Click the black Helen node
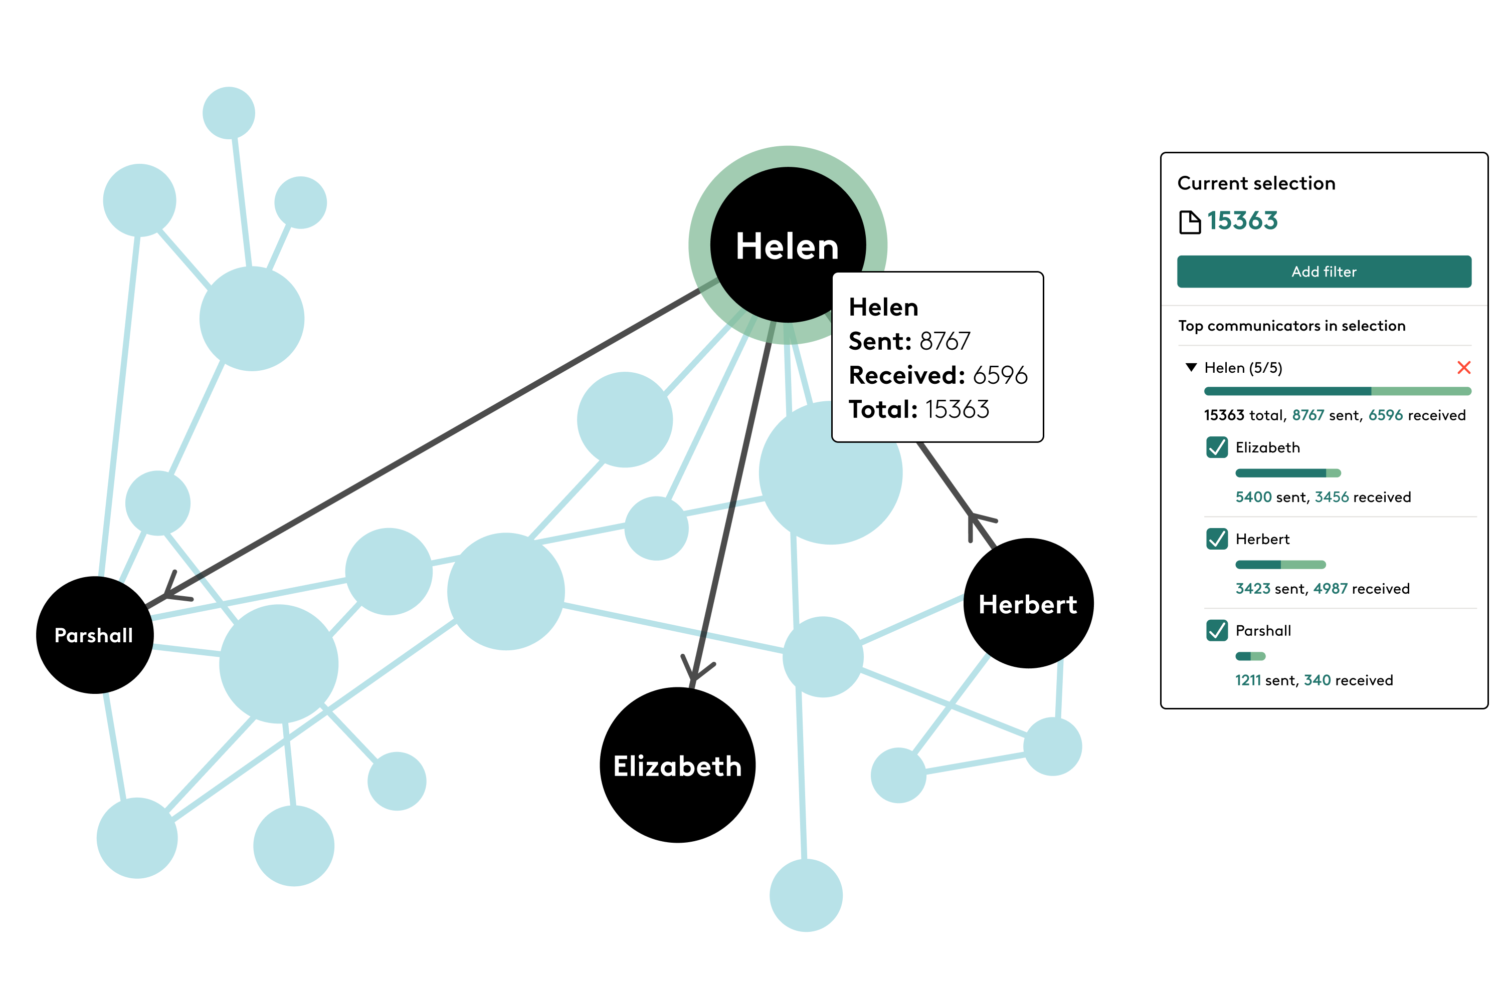pyautogui.click(x=788, y=245)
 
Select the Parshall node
pyautogui.click(x=95, y=635)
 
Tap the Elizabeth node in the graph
pyautogui.click(x=678, y=765)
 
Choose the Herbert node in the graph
pyautogui.click(x=1028, y=603)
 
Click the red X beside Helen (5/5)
pyautogui.click(x=1464, y=367)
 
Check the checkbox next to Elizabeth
pyautogui.click(x=1217, y=447)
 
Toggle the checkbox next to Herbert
pyautogui.click(x=1217, y=539)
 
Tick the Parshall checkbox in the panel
pyautogui.click(x=1217, y=630)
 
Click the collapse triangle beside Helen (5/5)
pyautogui.click(x=1191, y=367)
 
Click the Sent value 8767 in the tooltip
pyautogui.click(x=945, y=341)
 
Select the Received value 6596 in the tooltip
pyautogui.click(x=1000, y=375)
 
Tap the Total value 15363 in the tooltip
pyautogui.click(x=957, y=409)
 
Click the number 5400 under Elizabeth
pyautogui.click(x=1253, y=497)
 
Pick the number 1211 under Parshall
pyautogui.click(x=1248, y=680)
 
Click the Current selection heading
pyautogui.click(x=1256, y=183)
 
